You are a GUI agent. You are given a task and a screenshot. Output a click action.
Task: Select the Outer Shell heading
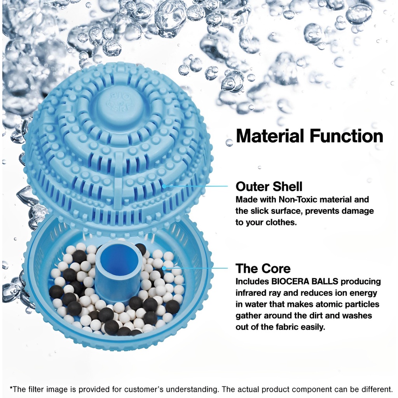point(269,187)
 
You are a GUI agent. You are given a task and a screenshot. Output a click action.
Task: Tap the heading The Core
point(263,269)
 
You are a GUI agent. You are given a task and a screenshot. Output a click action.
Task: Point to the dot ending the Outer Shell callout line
point(164,186)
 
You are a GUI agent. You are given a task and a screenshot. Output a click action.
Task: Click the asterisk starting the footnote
point(11,388)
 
